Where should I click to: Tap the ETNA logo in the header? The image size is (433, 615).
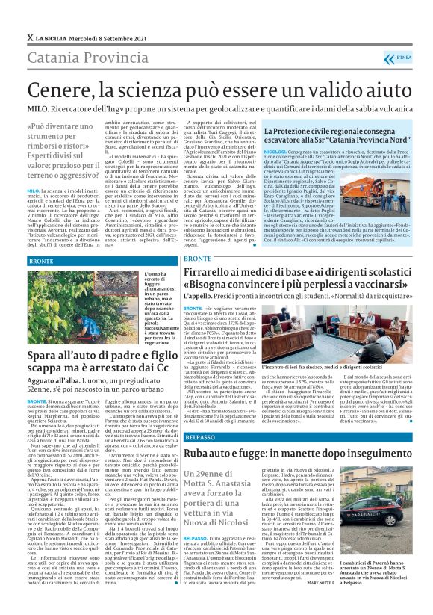click(x=403, y=57)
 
